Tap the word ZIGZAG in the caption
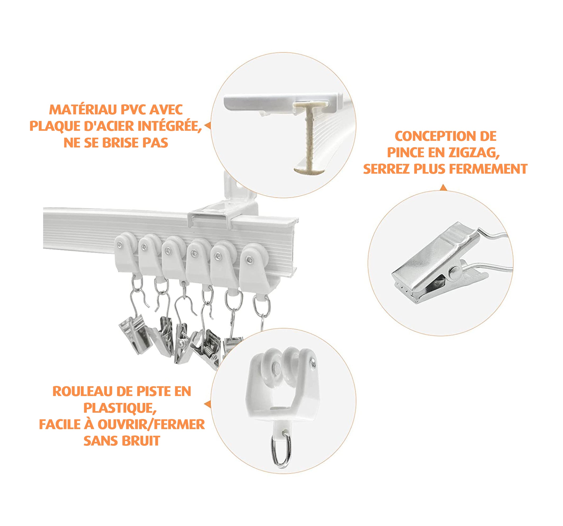(474, 153)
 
